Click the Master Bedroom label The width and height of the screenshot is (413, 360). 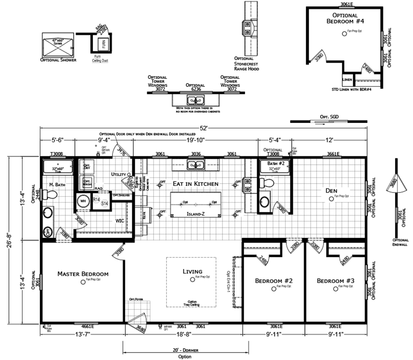coord(83,274)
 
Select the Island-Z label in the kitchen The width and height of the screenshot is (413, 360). coord(194,213)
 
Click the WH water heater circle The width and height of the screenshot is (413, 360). coord(83,202)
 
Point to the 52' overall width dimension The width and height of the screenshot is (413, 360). coord(203,128)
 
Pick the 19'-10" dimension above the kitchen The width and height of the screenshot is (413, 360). coord(196,139)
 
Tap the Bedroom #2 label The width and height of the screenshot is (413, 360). coord(274,281)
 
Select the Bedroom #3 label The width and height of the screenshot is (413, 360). coord(335,281)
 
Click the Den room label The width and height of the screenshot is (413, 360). coord(332,191)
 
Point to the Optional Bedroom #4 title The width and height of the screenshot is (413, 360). coord(345,18)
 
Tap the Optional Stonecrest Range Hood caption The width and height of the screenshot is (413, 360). coord(247,63)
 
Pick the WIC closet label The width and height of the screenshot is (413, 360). coord(119,219)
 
